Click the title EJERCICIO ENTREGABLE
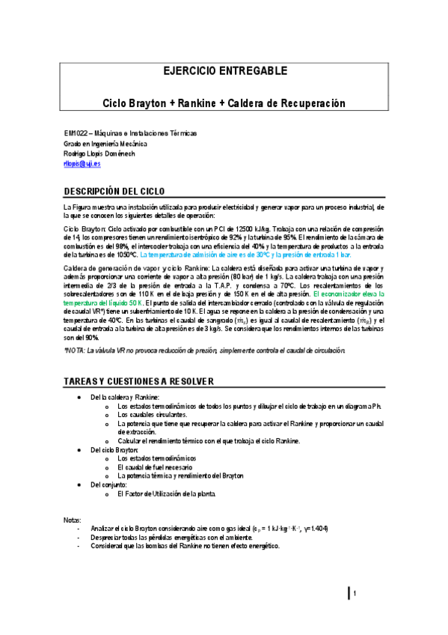pos(224,73)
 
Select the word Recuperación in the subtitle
pos(310,102)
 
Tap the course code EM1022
pos(75,133)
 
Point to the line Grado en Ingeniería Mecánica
pos(105,143)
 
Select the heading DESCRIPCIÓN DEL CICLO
pos(120,190)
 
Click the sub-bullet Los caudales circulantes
pos(153,414)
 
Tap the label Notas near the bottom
pos(73,520)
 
